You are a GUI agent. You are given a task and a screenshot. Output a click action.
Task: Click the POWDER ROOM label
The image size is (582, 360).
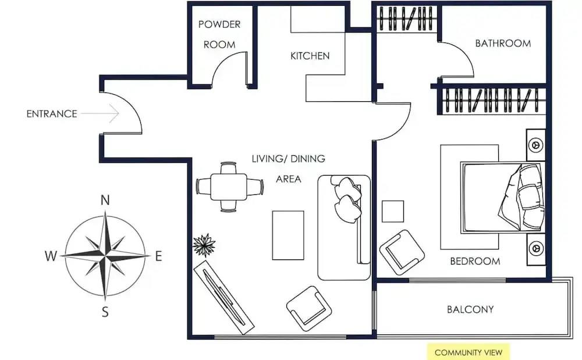click(x=219, y=34)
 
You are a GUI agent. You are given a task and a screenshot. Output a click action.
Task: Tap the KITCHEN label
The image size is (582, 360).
click(x=310, y=56)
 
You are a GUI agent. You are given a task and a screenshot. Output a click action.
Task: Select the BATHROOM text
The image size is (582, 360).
click(x=503, y=44)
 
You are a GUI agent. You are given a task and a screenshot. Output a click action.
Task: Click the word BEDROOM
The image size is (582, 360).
click(x=475, y=261)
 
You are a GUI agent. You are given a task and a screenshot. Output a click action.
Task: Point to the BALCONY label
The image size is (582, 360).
click(x=470, y=309)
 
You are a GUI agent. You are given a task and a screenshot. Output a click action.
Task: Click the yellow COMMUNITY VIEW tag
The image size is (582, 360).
click(x=469, y=352)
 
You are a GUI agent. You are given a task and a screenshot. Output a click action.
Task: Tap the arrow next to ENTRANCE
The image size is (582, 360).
click(x=100, y=113)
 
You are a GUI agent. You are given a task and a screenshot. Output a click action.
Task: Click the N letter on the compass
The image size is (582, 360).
click(x=105, y=200)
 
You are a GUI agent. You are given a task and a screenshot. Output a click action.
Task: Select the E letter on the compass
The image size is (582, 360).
click(x=158, y=256)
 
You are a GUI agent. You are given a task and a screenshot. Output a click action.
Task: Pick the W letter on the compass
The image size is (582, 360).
click(x=51, y=256)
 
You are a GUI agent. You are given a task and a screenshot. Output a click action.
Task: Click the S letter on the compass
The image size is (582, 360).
click(x=105, y=312)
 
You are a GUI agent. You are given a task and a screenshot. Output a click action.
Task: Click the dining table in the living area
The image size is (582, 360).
click(x=229, y=187)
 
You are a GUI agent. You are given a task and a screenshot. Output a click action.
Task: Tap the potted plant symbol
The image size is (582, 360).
click(x=204, y=245)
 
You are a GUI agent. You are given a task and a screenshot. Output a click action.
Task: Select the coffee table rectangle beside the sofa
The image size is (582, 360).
click(x=288, y=236)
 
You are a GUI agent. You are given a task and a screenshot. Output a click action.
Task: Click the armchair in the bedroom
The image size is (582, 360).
click(x=402, y=252)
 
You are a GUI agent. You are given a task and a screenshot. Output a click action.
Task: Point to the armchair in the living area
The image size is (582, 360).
click(x=309, y=308)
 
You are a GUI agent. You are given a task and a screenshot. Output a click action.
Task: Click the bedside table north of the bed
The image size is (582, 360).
click(x=536, y=145)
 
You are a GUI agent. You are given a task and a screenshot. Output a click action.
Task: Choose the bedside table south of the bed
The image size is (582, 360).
click(x=536, y=249)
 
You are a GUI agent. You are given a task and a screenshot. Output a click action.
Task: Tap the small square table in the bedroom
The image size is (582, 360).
click(x=393, y=211)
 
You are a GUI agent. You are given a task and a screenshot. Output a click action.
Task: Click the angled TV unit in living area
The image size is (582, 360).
click(x=224, y=297)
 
